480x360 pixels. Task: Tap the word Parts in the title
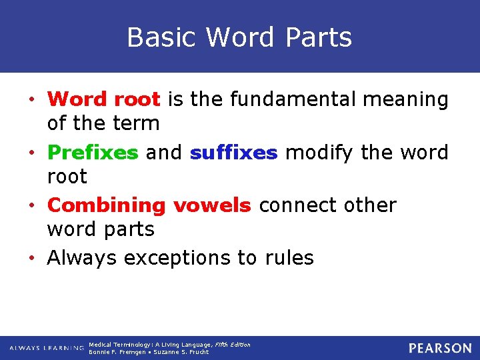point(318,37)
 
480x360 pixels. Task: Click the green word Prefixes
point(93,153)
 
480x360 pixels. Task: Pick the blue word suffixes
point(233,153)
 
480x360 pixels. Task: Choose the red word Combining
point(107,206)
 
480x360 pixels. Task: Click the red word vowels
point(212,205)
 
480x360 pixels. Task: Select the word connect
point(302,205)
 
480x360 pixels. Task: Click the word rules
point(289,257)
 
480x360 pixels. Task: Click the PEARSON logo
point(440,348)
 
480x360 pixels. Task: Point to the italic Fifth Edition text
point(232,345)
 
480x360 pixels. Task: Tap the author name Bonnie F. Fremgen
point(116,352)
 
